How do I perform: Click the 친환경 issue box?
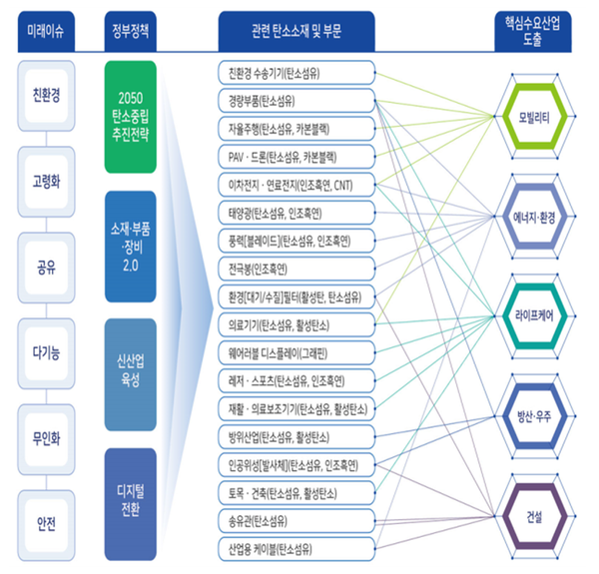tap(46, 100)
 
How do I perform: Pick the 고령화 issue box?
tap(46, 184)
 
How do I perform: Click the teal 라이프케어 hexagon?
tap(537, 316)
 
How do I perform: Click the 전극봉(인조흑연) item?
tap(295, 269)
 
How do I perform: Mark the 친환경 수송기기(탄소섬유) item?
tap(295, 73)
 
